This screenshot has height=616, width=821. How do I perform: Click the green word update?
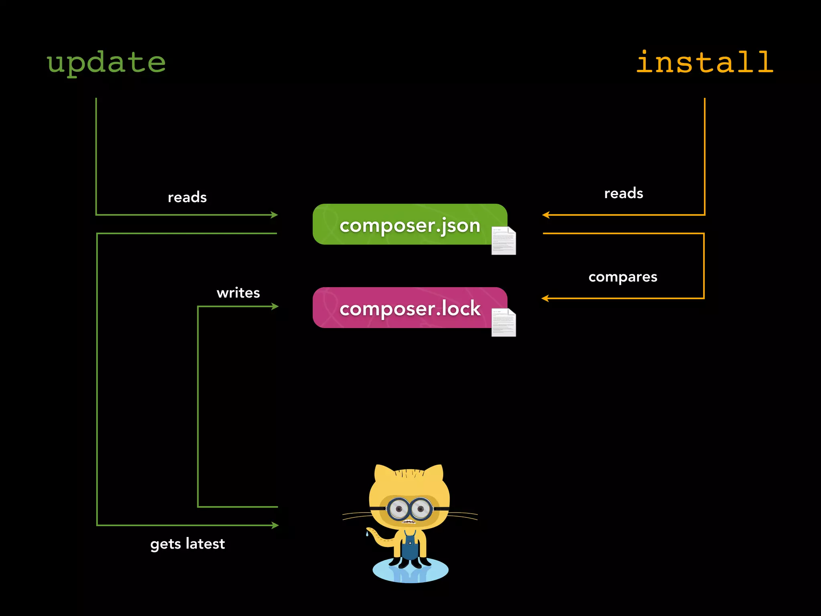pos(106,63)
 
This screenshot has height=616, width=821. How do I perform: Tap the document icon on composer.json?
pos(504,241)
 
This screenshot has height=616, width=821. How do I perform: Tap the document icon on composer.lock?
pos(504,322)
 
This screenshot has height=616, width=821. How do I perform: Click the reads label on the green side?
pos(187,197)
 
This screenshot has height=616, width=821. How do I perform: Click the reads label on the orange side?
pos(623,193)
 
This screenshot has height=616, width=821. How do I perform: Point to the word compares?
pos(623,277)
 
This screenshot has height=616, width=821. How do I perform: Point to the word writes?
pos(238,293)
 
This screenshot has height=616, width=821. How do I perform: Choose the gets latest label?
pos(187,544)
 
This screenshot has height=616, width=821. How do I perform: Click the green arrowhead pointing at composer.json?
pos(275,215)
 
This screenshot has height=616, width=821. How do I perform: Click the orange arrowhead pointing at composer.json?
pos(546,215)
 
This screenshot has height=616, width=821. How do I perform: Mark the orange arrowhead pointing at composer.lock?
pos(545,298)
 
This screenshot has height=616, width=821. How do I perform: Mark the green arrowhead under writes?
pos(275,306)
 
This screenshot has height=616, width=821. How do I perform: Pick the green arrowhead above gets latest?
pos(275,525)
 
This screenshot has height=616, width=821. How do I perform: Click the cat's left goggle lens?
pos(398,509)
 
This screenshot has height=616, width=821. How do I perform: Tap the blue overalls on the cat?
pos(410,547)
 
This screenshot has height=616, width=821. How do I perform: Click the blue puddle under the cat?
pos(410,571)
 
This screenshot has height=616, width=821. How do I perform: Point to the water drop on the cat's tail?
pos(367,534)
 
